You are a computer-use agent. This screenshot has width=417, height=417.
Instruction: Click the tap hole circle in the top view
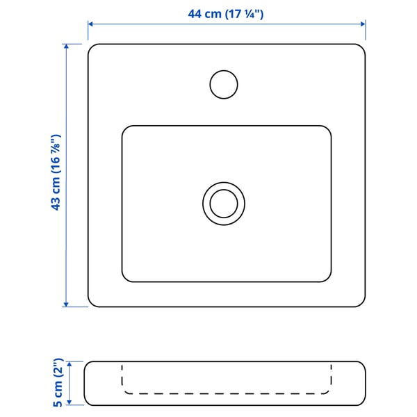pyautogui.click(x=224, y=83)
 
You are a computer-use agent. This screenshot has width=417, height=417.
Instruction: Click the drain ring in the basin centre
pyautogui.click(x=224, y=204)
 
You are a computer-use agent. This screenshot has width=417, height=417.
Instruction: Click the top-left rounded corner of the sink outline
pyautogui.click(x=92, y=49)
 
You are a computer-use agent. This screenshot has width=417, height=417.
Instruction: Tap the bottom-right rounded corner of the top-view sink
pyautogui.click(x=360, y=302)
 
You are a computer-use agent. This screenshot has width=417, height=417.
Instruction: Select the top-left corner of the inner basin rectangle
pyautogui.click(x=126, y=129)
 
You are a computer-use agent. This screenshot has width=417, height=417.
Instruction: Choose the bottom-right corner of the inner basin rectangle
pyautogui.click(x=327, y=279)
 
